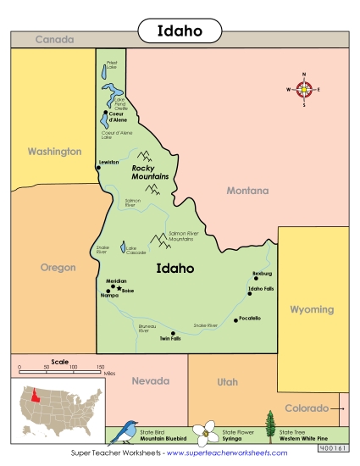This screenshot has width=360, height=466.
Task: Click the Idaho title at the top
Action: coord(180,31)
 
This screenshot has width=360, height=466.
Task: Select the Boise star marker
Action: coord(119,288)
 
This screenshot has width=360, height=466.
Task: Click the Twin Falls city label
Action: coord(170,339)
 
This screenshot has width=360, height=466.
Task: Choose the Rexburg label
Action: coord(262,273)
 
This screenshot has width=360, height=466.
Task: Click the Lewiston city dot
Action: coord(98,168)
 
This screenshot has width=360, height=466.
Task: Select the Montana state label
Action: coord(247,191)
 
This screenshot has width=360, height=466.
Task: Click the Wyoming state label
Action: coord(313,310)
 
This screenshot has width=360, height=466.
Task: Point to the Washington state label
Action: coord(54,153)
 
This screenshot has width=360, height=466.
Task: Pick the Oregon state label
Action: coord(58,268)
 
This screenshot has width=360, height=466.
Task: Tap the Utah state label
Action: coord(227,382)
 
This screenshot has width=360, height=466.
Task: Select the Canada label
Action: coord(54,40)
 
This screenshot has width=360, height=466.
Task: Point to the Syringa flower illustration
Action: coord(206,432)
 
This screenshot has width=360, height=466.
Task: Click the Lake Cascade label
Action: coord(136,250)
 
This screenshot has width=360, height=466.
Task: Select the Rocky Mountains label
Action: coord(150,172)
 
